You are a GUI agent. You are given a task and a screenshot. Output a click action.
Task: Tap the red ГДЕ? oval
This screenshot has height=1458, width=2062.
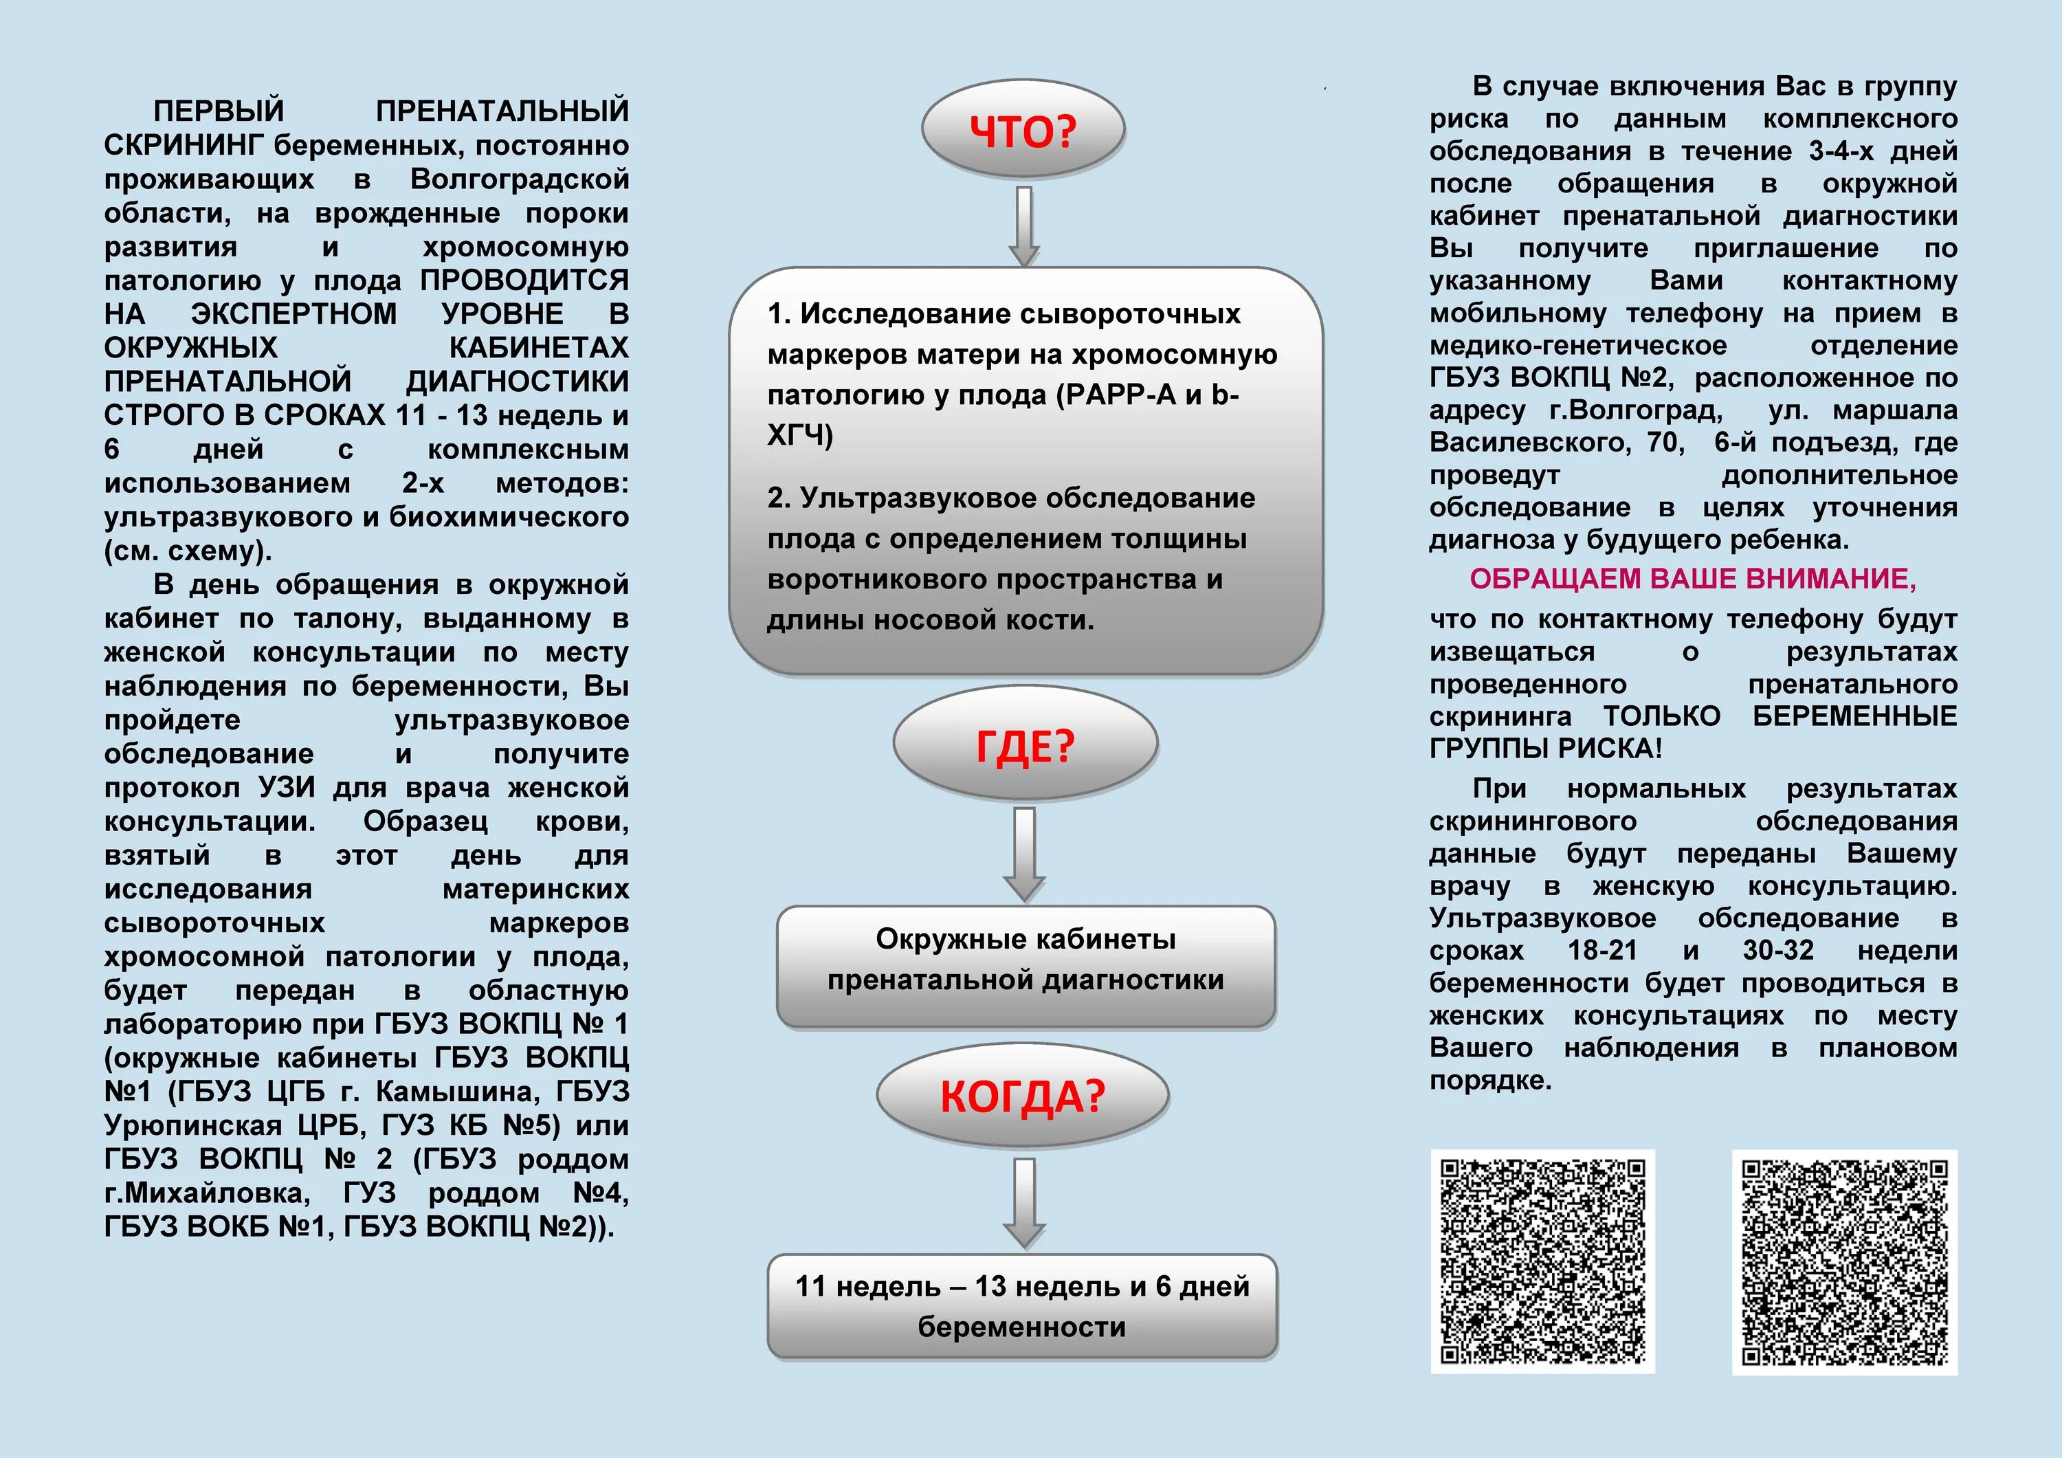[1025, 744]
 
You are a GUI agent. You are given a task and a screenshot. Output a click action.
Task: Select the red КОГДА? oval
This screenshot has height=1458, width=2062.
[1022, 1096]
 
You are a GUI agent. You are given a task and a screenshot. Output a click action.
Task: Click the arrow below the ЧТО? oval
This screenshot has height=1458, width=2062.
[1024, 225]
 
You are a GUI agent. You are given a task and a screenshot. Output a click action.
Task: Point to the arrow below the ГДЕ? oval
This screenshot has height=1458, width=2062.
[1024, 852]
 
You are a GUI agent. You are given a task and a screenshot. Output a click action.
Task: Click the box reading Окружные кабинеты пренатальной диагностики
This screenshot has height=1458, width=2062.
[1026, 966]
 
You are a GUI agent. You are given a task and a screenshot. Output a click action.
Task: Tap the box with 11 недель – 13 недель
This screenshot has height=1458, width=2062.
[1022, 1306]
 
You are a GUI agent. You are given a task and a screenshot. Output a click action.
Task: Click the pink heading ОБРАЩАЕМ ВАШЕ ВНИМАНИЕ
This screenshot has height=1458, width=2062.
[1693, 579]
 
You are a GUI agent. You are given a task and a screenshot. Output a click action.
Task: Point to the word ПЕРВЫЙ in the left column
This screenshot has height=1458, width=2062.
[219, 111]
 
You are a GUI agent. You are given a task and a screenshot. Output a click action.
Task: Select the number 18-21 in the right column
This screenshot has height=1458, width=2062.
[1602, 951]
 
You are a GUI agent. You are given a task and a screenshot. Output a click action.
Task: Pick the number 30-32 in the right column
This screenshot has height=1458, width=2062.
[1778, 951]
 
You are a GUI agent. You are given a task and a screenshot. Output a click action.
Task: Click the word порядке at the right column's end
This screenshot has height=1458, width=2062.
[1490, 1080]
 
